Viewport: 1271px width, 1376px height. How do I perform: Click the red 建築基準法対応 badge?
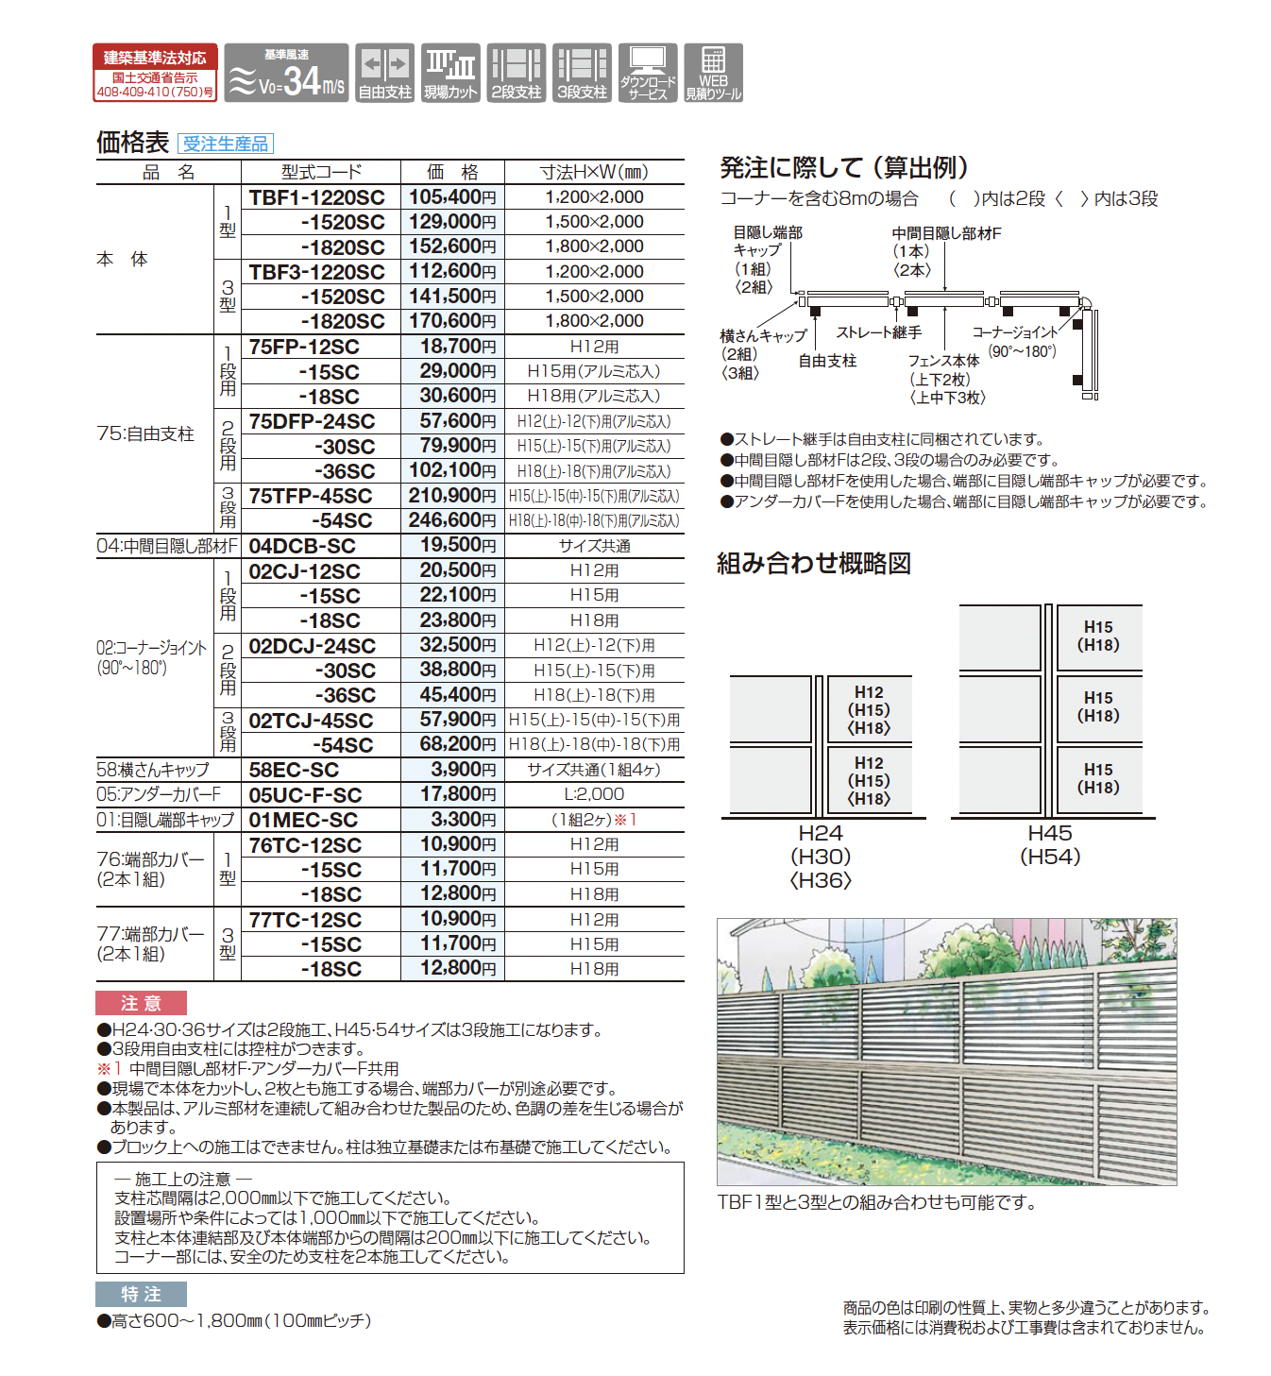pos(155,72)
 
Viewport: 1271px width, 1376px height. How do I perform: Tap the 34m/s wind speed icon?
pos(286,73)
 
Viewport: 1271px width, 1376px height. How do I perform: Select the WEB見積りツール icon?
pos(713,73)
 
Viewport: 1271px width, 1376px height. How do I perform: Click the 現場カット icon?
pos(450,73)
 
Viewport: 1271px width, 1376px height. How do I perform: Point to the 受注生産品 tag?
pos(225,144)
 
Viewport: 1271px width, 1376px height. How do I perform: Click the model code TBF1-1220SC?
pos(317,197)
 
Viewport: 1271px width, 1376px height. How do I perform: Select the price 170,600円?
pos(452,321)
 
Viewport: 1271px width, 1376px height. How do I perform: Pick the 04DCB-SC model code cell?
pos(302,546)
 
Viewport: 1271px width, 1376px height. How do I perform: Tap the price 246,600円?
pos(452,520)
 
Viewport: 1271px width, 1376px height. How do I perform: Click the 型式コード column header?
pos(321,172)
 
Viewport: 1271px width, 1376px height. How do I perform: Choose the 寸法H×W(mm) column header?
pos(594,172)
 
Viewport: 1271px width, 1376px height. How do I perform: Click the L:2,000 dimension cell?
pos(594,794)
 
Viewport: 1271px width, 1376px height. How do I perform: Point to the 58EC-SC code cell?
pos(294,770)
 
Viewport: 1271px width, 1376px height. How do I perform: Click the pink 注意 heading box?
pos(141,1003)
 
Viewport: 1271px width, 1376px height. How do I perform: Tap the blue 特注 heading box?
pos(141,1294)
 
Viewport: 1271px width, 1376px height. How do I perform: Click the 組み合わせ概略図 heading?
pos(814,564)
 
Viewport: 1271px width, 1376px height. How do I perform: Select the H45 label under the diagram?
pos(1050,833)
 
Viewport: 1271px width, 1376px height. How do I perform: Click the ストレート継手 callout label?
pos(879,332)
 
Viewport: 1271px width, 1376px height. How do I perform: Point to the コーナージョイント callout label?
pos(1015,332)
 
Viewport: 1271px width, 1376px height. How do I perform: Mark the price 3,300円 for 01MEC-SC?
pos(452,820)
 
